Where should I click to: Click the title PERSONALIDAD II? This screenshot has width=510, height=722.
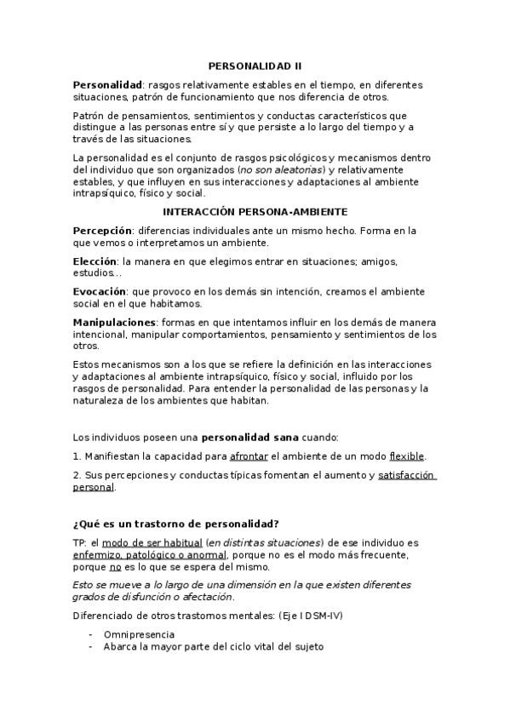[255, 66]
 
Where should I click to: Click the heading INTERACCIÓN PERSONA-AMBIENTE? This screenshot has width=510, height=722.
[255, 211]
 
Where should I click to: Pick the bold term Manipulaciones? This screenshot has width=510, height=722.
[114, 322]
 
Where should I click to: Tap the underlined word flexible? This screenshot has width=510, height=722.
[406, 456]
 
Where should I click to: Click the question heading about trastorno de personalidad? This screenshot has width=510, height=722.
[176, 523]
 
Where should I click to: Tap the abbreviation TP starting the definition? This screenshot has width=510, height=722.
[79, 542]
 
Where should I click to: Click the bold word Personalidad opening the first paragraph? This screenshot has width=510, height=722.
[107, 85]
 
